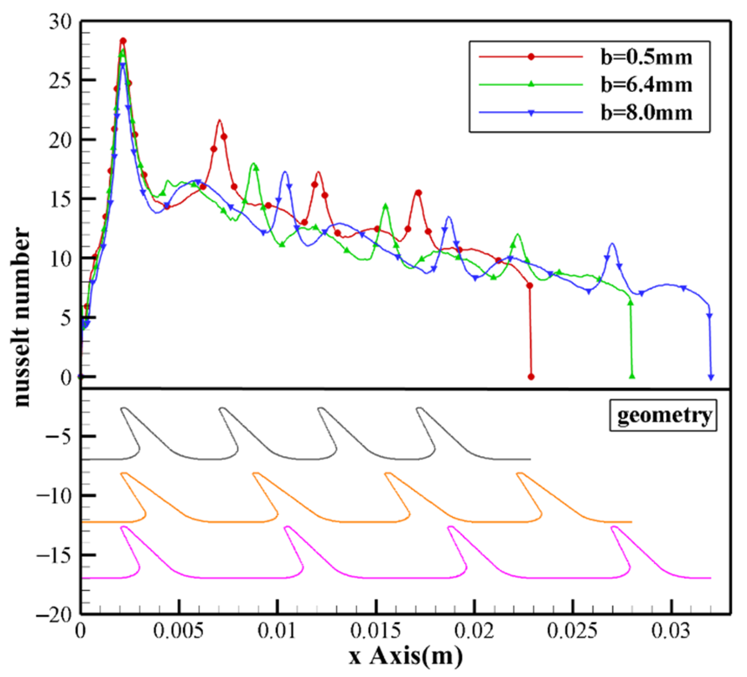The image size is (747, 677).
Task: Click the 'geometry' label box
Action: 663,415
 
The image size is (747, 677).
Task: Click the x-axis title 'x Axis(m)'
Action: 406,656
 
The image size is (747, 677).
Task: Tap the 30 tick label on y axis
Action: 61,23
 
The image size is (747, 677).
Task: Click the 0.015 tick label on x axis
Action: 376,632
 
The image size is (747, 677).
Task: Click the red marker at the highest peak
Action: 123,41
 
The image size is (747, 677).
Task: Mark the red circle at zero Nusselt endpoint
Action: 531,377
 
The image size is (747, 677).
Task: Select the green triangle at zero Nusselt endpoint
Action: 632,376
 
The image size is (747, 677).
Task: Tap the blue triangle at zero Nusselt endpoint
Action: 711,377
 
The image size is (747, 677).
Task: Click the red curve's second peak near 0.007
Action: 219,121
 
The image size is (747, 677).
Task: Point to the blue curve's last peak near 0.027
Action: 612,244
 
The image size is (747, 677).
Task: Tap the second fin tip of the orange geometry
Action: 256,474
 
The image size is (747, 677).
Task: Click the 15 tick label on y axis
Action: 61,199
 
